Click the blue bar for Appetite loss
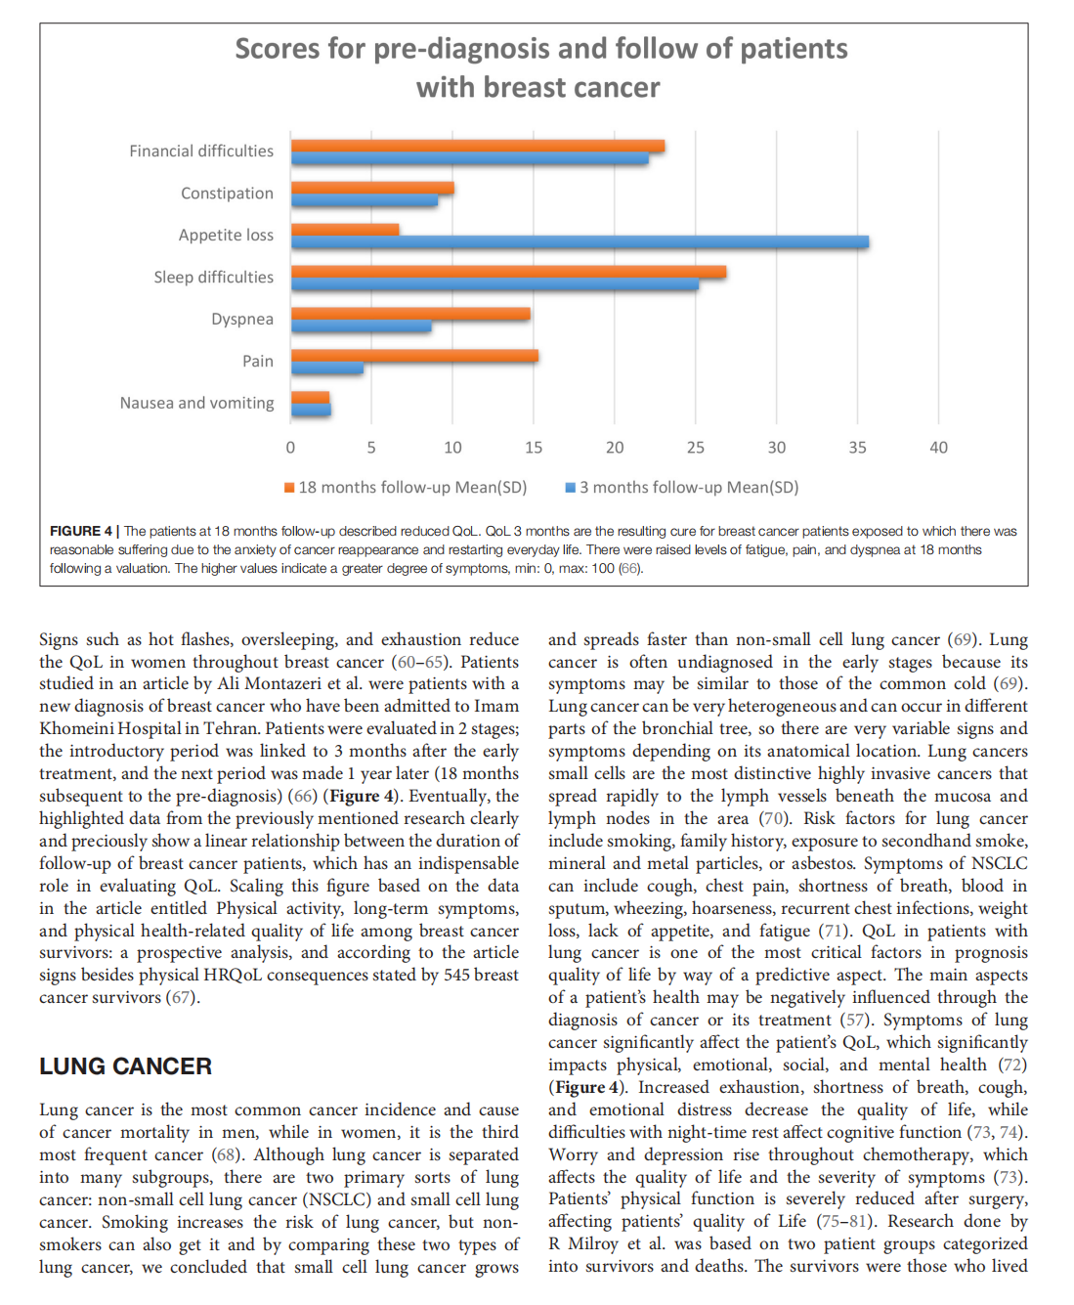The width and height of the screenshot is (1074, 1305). point(580,242)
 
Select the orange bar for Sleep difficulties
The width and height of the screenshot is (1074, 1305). point(508,272)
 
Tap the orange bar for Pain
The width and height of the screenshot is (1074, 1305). point(414,356)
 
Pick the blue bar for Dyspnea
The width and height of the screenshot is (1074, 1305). point(362,327)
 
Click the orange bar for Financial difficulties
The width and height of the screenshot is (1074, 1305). point(478,147)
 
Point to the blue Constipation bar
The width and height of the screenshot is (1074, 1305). point(365,201)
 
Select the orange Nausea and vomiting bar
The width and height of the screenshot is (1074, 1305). point(311,397)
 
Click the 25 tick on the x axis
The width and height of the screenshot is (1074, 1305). point(695,448)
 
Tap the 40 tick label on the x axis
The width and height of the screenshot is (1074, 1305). point(938,448)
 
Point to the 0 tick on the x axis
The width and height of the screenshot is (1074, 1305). point(290,448)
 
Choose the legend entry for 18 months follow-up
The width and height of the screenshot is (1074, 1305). point(406,487)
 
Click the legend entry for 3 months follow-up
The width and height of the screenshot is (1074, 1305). point(682,487)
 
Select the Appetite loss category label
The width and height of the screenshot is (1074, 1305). point(226,236)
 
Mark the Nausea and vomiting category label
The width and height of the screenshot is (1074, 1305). point(196,404)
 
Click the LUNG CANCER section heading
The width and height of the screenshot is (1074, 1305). point(125,1066)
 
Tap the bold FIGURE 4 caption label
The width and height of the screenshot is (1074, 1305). point(81,531)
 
